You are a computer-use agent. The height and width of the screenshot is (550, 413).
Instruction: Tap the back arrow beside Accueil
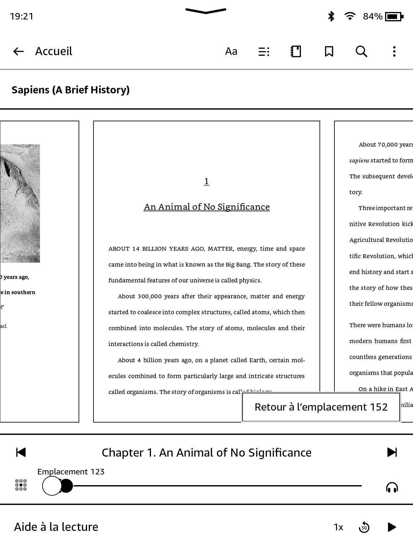[19, 51]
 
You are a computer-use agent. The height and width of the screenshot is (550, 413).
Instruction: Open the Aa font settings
[231, 51]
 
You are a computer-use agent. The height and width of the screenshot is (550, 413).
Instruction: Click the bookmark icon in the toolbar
[329, 51]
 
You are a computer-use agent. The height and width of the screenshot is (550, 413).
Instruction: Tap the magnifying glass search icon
[361, 51]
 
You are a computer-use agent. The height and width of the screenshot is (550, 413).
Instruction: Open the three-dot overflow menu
[394, 51]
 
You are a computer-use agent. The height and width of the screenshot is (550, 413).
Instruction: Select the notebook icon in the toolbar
[296, 51]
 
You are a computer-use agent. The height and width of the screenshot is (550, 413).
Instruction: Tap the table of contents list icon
[264, 52]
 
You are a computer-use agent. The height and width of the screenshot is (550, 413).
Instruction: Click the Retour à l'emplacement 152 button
[321, 407]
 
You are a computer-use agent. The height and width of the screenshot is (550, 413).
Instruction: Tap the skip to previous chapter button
[21, 452]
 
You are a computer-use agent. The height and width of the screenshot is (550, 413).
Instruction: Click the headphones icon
[392, 487]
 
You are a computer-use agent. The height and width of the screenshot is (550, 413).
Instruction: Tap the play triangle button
[392, 527]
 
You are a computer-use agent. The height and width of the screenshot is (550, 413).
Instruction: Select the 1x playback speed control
[338, 527]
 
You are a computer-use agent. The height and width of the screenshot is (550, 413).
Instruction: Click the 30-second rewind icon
[364, 527]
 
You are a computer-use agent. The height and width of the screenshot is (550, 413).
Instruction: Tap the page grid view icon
[21, 485]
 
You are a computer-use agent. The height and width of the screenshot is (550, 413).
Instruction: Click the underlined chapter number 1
[206, 181]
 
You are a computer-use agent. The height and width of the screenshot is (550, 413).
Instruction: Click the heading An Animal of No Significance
[206, 207]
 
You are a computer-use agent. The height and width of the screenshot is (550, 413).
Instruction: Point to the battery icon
[394, 16]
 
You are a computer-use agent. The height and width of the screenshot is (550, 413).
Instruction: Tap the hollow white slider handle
[52, 486]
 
